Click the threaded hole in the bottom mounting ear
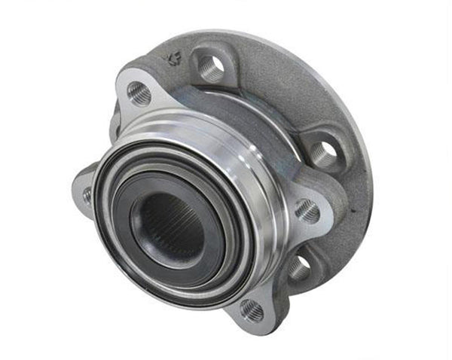tap(252, 309)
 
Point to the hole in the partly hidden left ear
tap(87, 195)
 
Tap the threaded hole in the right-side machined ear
tap(307, 210)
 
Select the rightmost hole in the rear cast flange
tap(324, 153)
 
